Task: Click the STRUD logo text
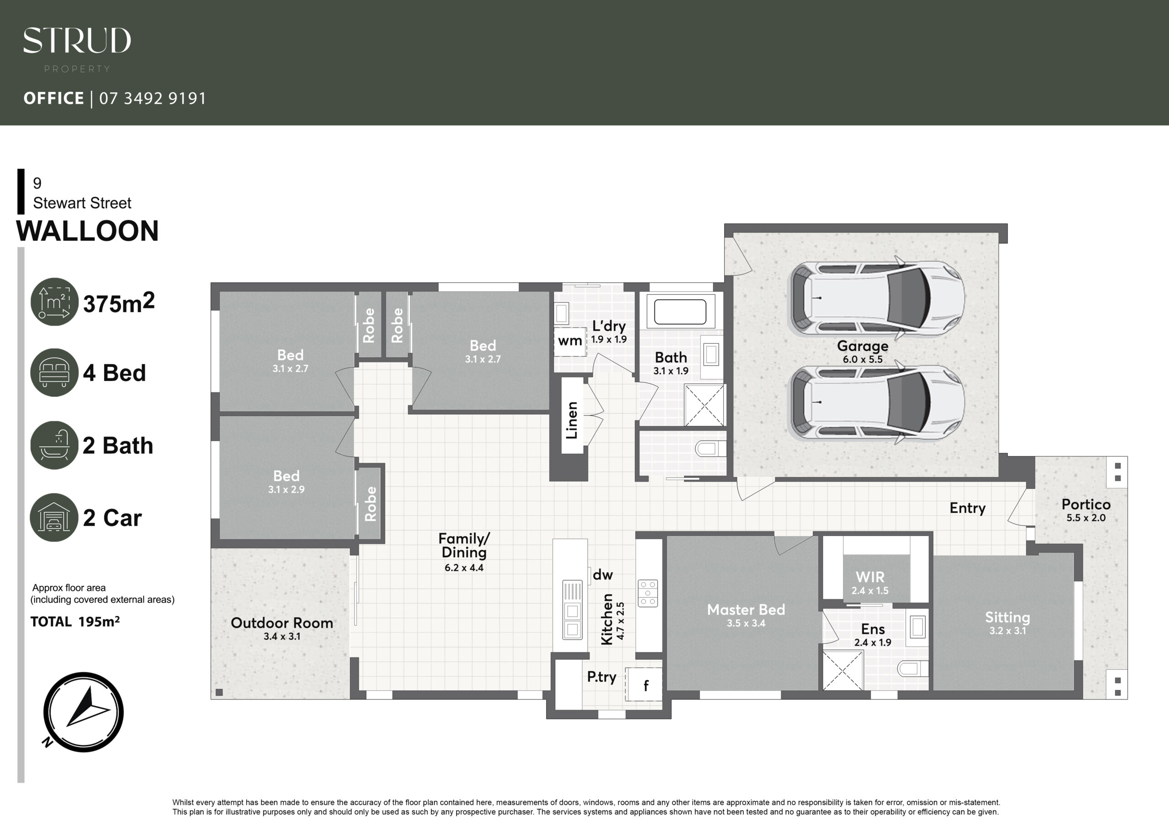(77, 40)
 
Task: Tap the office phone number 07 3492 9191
(153, 98)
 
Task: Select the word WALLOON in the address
(88, 231)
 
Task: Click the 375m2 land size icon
(54, 302)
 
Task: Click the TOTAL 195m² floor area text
(75, 622)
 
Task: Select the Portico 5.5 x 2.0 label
(1086, 510)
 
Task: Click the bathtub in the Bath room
(680, 312)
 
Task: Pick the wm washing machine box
(570, 341)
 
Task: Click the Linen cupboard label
(572, 420)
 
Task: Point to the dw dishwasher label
(603, 575)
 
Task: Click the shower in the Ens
(843, 671)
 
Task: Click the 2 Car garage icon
(54, 517)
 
